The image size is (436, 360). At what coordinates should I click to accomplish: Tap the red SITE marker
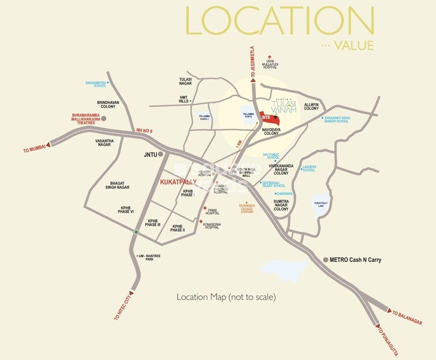(x=266, y=117)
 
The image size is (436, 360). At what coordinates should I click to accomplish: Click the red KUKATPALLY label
(x=178, y=182)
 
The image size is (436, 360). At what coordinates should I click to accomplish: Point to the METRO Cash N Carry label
(x=355, y=260)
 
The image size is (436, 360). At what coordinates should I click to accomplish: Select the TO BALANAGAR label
(x=408, y=318)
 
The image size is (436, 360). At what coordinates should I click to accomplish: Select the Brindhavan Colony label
(x=107, y=104)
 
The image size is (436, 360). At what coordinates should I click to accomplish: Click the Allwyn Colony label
(x=311, y=106)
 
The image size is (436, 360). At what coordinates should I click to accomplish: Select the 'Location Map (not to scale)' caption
(x=226, y=297)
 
